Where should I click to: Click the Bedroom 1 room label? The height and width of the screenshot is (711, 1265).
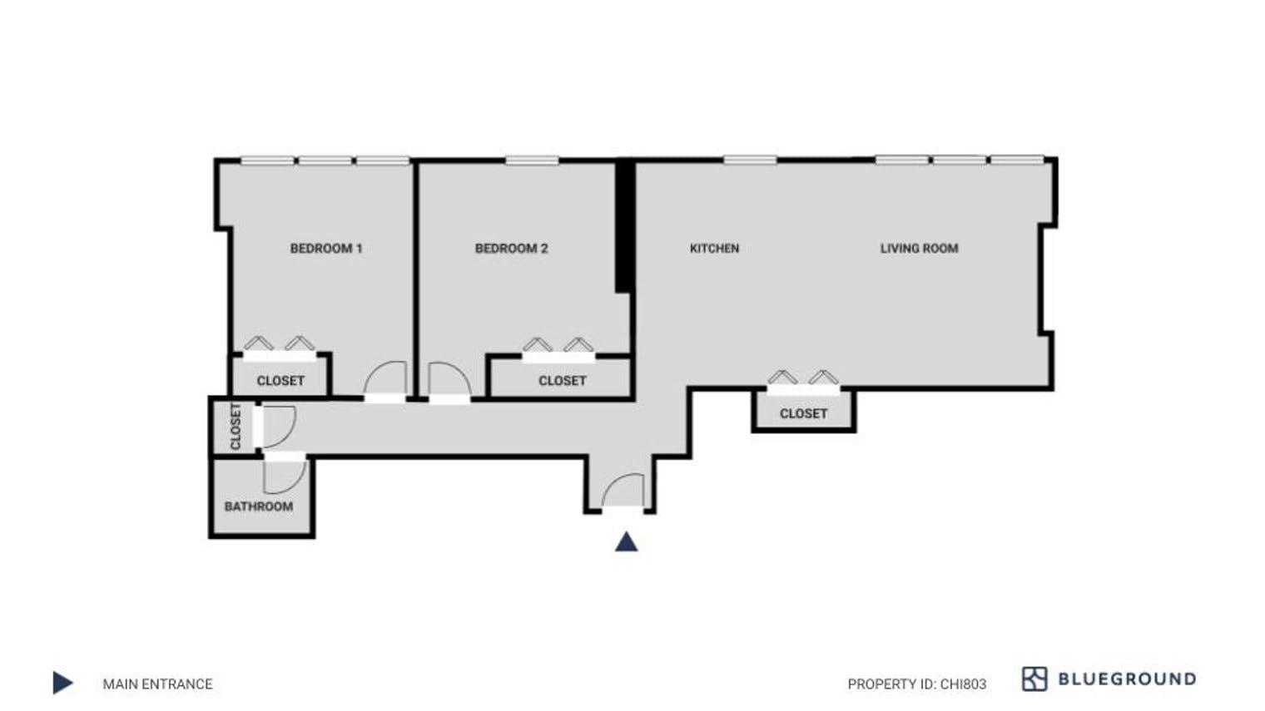(325, 248)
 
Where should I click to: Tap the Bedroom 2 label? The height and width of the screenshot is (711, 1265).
(511, 248)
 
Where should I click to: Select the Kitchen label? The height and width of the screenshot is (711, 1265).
(714, 248)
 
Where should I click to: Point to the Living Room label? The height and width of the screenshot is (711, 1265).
(919, 248)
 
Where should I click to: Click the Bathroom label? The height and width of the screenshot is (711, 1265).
(258, 506)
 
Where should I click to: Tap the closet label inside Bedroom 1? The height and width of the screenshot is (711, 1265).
(280, 380)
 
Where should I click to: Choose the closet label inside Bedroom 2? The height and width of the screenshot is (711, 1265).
(562, 380)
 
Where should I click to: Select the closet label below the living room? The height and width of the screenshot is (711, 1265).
(803, 413)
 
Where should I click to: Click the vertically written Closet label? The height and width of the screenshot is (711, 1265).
(235, 427)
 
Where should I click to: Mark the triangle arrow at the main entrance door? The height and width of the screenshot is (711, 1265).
(626, 542)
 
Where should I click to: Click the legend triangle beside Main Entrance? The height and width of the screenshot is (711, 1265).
(62, 683)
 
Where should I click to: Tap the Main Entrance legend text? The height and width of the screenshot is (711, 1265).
(157, 684)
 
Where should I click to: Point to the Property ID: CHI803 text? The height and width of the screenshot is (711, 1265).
(916, 684)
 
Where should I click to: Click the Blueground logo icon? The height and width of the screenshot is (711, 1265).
(1034, 679)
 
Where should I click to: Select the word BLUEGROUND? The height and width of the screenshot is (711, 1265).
(1126, 679)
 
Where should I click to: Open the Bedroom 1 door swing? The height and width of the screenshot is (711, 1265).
(385, 379)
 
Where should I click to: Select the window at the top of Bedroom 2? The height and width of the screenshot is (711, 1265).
(531, 160)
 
